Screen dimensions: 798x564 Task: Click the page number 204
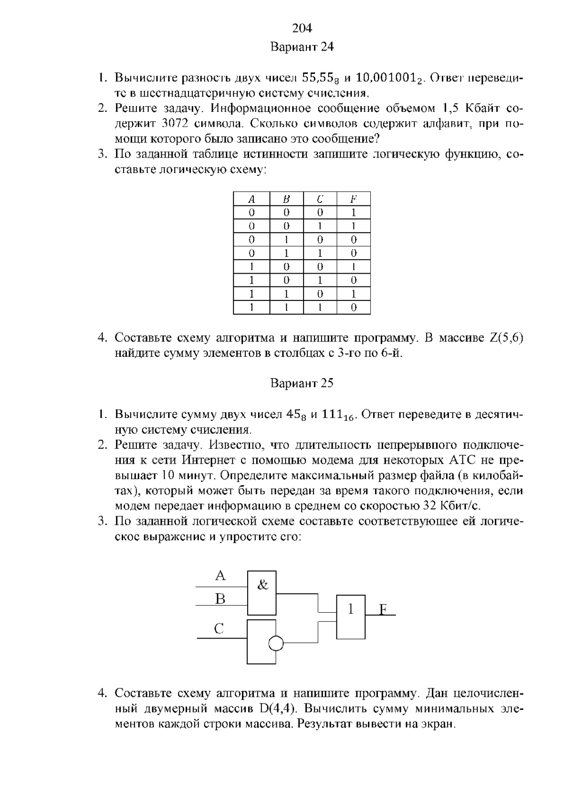point(302,29)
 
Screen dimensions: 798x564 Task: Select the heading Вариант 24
point(302,47)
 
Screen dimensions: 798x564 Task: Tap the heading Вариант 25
point(302,383)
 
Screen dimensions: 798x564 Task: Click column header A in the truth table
point(251,199)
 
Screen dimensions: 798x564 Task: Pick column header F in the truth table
point(353,199)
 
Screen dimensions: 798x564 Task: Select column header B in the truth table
point(286,199)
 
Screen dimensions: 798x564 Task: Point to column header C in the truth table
point(320,199)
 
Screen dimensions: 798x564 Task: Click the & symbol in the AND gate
point(263,585)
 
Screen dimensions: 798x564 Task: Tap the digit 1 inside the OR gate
point(350,609)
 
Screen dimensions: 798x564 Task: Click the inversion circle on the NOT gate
point(276,643)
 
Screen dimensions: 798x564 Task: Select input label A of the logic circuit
point(220,576)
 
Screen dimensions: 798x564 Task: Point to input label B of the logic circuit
point(220,599)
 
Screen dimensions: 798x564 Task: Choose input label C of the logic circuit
point(219,629)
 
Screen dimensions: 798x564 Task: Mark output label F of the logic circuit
point(383,610)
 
